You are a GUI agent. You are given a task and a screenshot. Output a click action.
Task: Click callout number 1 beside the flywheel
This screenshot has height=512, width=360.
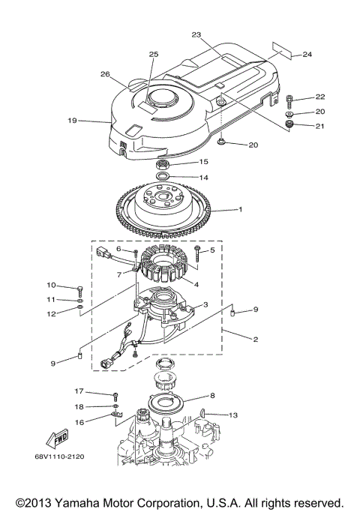[x=241, y=210]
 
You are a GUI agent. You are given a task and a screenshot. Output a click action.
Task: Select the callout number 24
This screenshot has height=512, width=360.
[x=307, y=54]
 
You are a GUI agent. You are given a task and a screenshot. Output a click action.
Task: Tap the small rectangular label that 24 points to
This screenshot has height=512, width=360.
[x=279, y=49]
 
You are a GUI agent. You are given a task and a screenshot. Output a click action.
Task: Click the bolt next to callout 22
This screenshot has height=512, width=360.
[x=290, y=99]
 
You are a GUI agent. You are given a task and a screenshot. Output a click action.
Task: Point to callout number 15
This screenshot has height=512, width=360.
[x=203, y=162]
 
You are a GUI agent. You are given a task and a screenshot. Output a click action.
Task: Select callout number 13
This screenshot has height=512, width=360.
[x=233, y=415]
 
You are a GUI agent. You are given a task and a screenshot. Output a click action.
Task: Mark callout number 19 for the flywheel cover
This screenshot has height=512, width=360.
[x=73, y=120]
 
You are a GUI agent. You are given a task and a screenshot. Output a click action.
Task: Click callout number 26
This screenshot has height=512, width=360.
[x=105, y=73]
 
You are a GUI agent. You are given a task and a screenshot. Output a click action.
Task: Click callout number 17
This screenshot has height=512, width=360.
[x=78, y=391]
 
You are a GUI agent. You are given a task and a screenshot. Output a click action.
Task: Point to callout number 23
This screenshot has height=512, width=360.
[x=196, y=34]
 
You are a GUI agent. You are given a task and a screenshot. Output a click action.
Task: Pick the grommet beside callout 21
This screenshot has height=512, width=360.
[x=289, y=123]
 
